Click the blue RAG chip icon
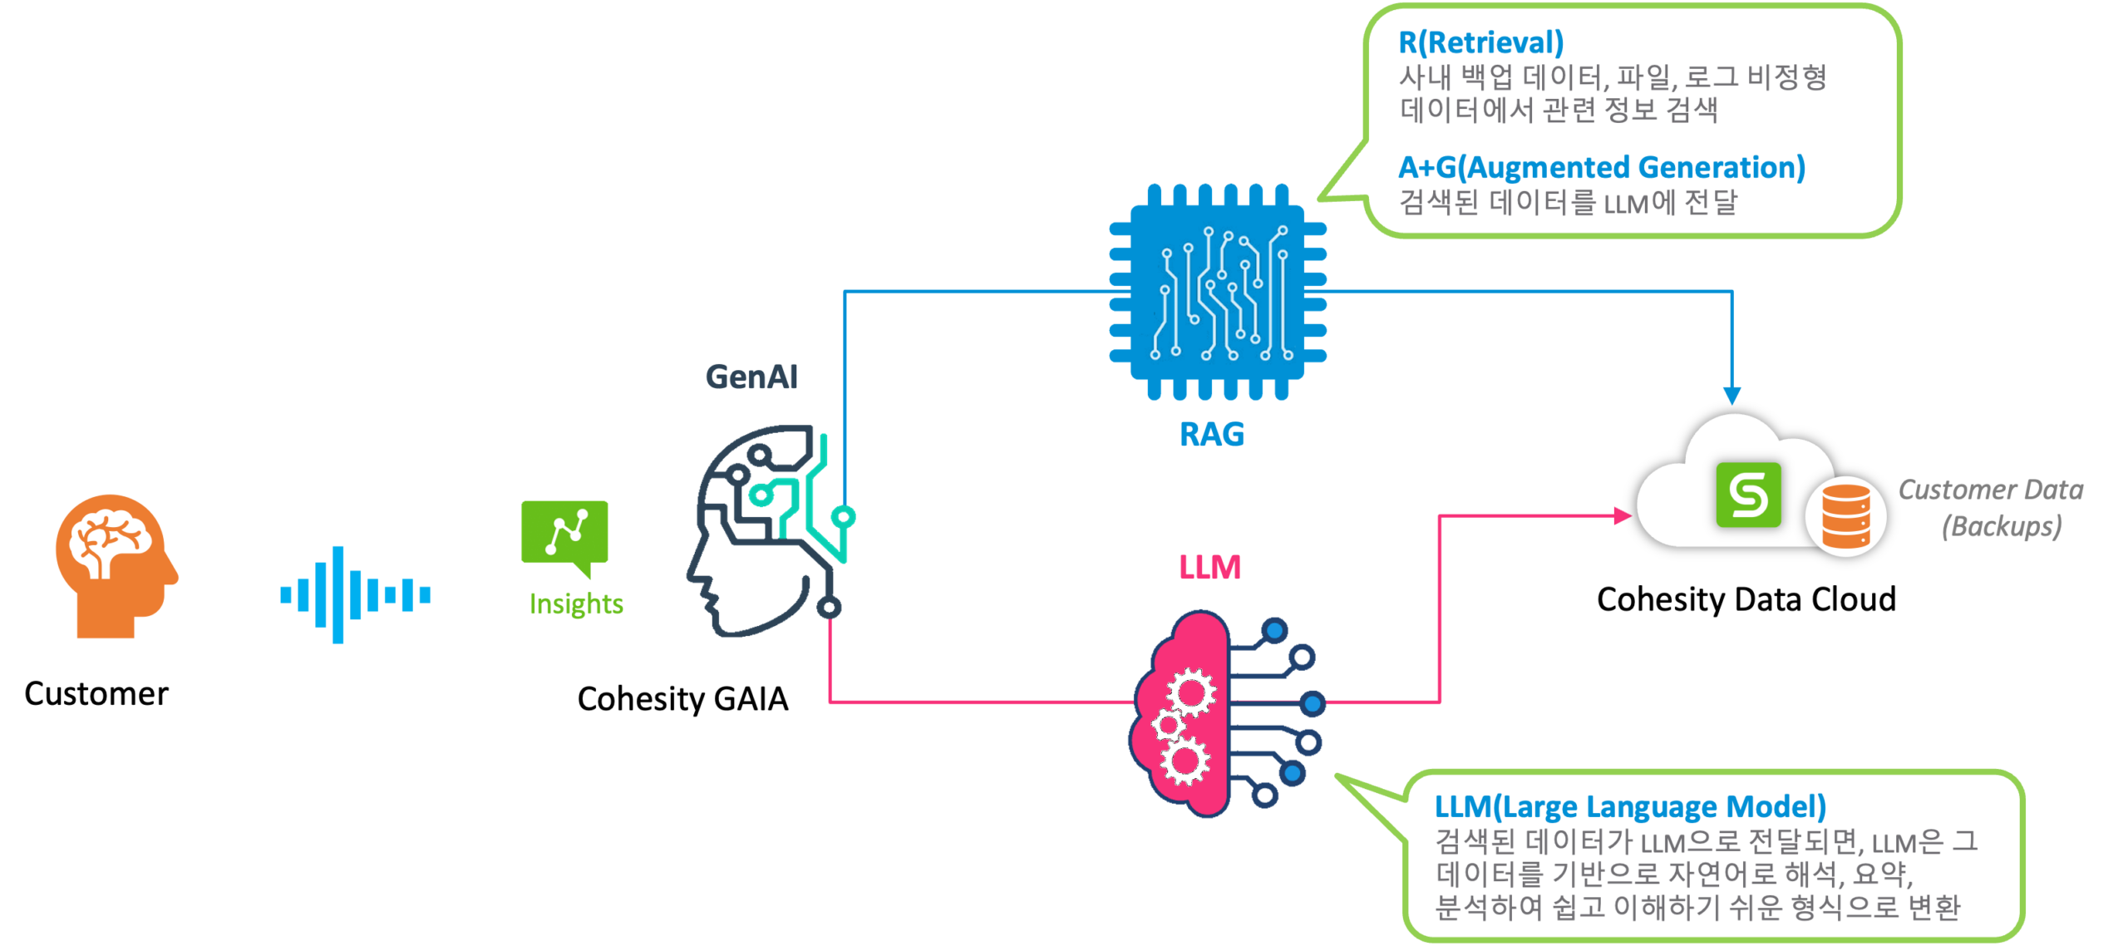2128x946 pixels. click(1218, 292)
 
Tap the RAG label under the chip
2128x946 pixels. click(1211, 435)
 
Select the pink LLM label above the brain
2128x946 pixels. click(1209, 568)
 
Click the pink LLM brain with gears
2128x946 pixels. click(1189, 715)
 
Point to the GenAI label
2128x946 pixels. click(751, 377)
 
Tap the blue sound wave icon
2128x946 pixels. click(355, 594)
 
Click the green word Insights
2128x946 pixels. click(576, 604)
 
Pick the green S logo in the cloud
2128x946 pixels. click(1749, 495)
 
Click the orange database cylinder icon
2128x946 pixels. click(1846, 516)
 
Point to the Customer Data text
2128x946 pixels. click(1991, 490)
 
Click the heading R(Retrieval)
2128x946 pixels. click(1480, 42)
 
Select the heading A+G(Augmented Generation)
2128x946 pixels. click(1601, 168)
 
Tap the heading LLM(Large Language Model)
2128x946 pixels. click(1630, 806)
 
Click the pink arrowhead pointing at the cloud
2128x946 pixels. click(1622, 515)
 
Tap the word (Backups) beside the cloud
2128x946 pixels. click(2002, 526)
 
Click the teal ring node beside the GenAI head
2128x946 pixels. click(844, 517)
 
